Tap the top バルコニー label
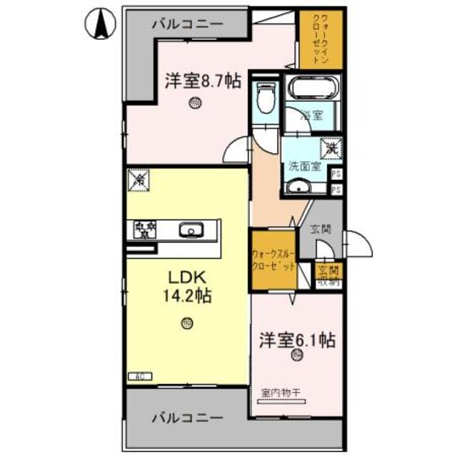(187, 24)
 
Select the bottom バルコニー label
(187, 418)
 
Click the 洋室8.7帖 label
(202, 81)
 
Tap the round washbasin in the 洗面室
(298, 187)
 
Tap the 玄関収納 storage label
(329, 275)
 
